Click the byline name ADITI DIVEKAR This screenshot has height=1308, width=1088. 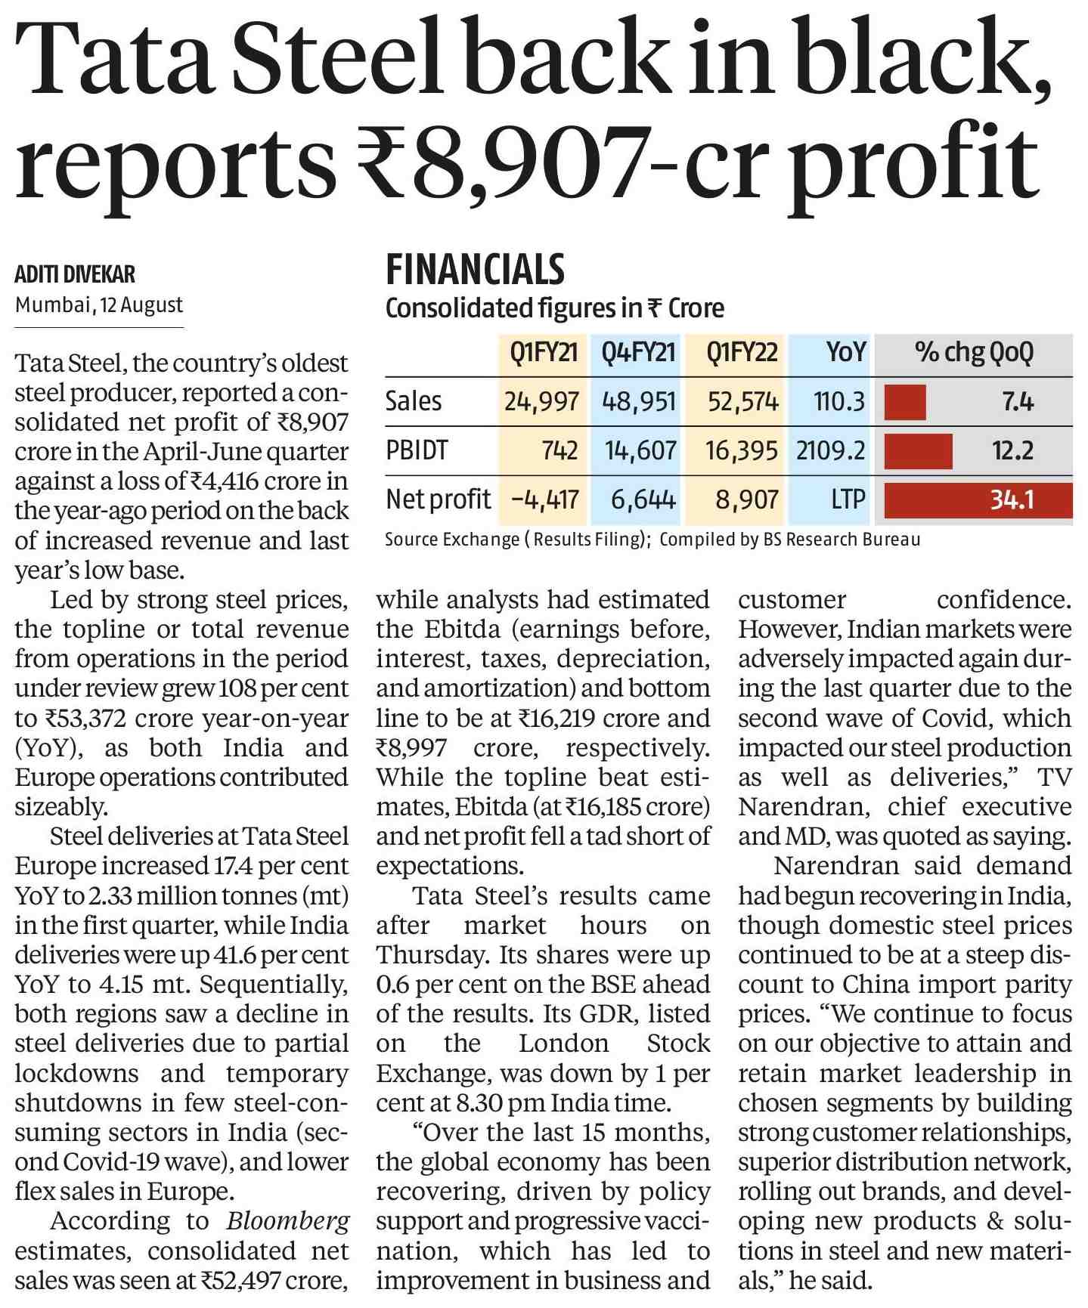click(75, 274)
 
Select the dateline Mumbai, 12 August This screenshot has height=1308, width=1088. click(99, 305)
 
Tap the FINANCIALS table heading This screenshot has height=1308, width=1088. click(475, 270)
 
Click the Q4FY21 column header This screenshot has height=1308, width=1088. click(638, 352)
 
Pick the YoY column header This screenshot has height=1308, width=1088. click(846, 352)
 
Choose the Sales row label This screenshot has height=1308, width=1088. click(413, 400)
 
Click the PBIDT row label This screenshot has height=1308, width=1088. click(417, 450)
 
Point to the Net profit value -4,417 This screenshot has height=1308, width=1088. click(544, 499)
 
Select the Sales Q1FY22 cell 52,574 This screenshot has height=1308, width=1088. click(742, 401)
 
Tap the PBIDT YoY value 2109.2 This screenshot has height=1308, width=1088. click(830, 450)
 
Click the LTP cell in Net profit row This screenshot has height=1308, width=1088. click(848, 499)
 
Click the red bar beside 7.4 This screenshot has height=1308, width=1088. click(905, 401)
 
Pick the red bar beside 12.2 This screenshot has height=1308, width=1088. click(918, 450)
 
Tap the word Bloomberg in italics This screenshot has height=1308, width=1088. click(288, 1220)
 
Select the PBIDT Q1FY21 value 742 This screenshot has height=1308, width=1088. click(559, 450)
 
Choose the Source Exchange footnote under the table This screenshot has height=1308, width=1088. click(652, 540)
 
